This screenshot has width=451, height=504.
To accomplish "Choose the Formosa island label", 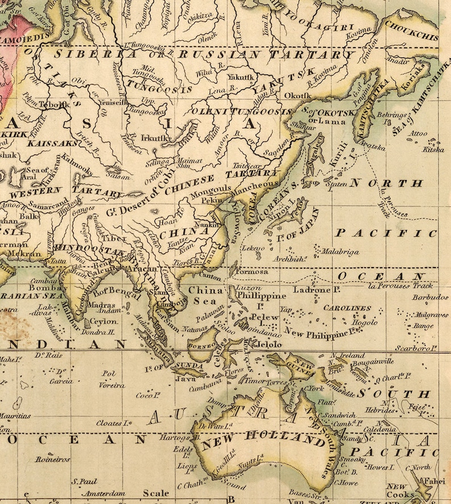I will point(248,271).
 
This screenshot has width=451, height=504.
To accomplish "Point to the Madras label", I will point(102,305).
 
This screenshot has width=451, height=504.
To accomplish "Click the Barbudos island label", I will point(428,297).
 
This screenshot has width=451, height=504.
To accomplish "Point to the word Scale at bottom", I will point(156,493).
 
